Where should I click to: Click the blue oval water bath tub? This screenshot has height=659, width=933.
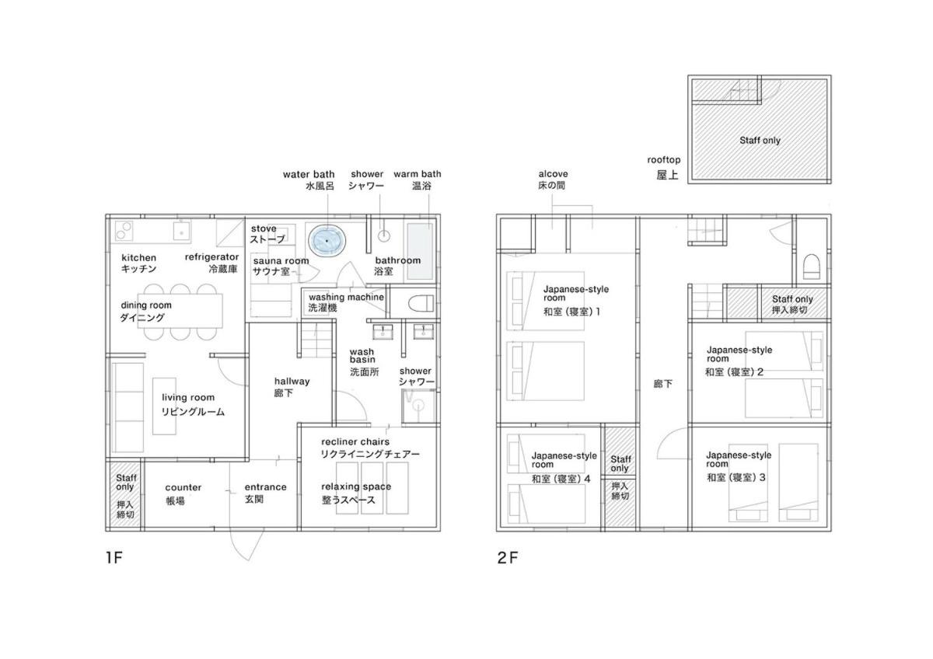(x=327, y=241)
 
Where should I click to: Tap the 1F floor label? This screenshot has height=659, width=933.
(x=114, y=557)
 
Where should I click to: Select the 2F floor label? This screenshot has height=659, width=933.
(x=507, y=557)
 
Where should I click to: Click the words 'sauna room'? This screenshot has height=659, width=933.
(x=281, y=261)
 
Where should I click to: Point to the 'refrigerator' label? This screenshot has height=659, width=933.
(x=211, y=257)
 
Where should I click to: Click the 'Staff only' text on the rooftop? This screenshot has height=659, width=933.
(x=760, y=141)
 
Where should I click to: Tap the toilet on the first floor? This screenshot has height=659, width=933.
(x=421, y=304)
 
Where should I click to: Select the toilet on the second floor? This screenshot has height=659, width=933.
(x=811, y=267)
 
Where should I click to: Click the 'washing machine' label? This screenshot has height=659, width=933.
(x=346, y=297)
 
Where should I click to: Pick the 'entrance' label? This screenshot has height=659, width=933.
(x=265, y=487)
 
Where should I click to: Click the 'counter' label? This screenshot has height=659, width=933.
(x=183, y=487)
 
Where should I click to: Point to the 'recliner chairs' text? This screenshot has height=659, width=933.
(x=355, y=441)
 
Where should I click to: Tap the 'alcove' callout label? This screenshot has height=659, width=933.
(x=553, y=174)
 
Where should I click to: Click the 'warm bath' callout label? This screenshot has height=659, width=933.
(x=418, y=174)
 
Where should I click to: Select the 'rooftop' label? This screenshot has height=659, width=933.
(x=664, y=160)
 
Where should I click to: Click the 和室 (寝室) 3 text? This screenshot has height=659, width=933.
(x=736, y=477)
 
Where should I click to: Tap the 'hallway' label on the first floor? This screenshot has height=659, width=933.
(x=292, y=382)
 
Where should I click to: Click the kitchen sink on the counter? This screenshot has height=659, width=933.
(x=182, y=232)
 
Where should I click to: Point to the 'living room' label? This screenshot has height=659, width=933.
(x=188, y=398)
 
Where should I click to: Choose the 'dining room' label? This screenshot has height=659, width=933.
(x=146, y=305)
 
